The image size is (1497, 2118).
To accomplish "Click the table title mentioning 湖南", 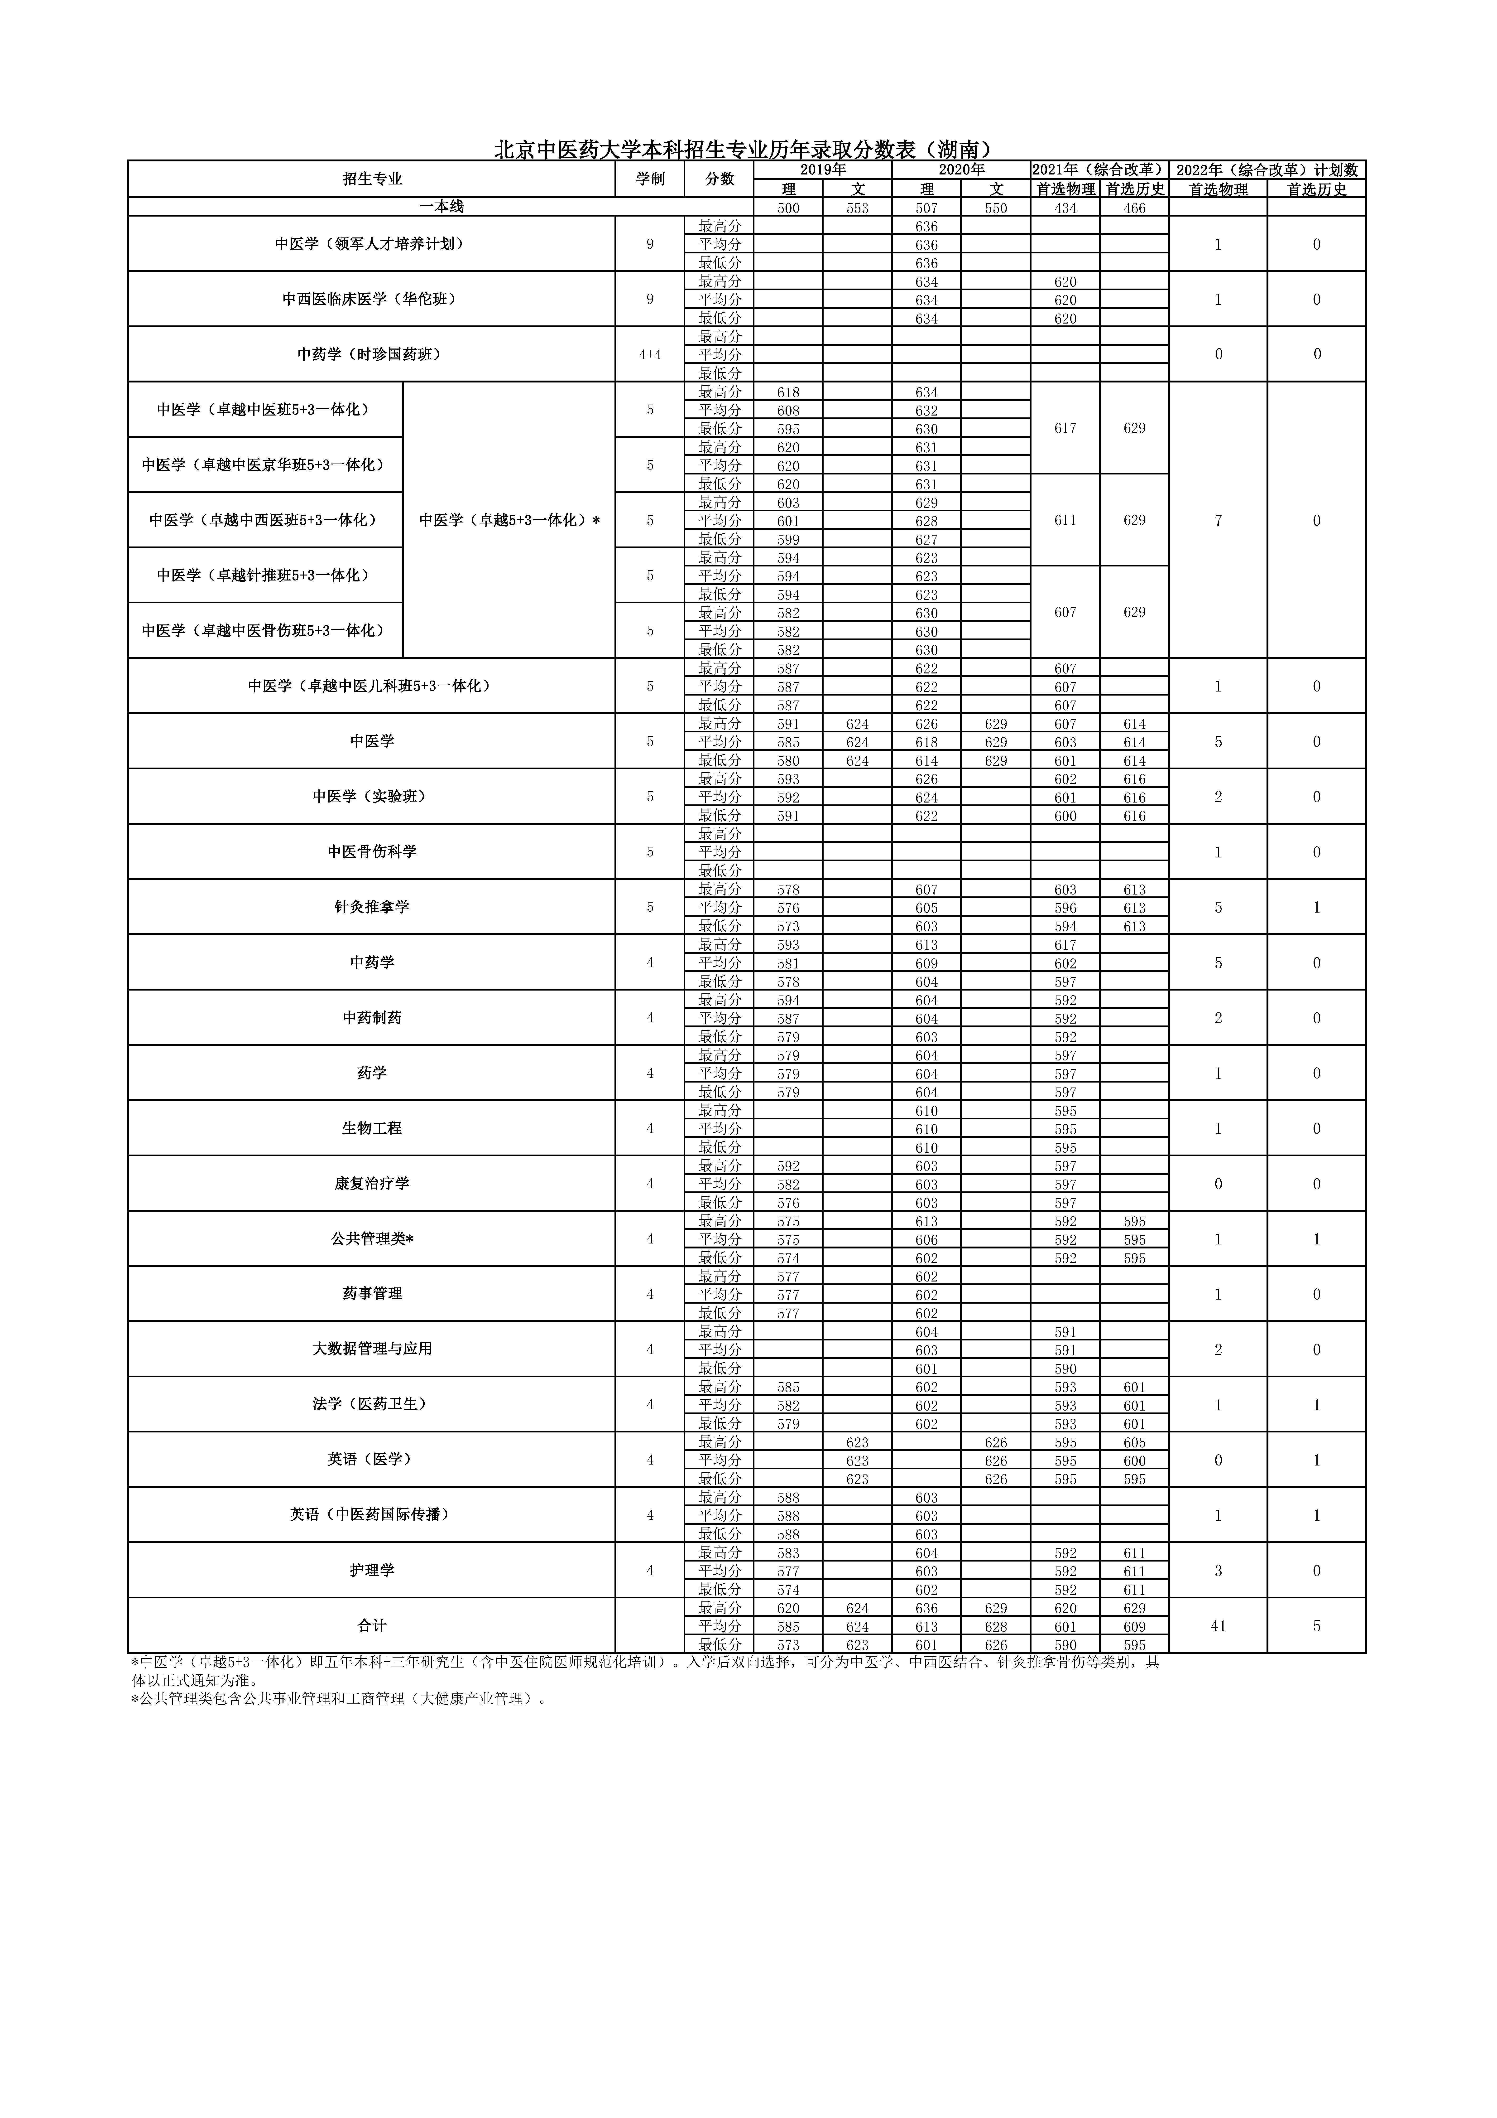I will coord(743,150).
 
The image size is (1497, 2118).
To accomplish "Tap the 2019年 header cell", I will coord(823,170).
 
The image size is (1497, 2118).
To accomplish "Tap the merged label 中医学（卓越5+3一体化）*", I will coord(509,520).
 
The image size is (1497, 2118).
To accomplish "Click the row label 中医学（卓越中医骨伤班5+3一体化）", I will coord(265,631).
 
